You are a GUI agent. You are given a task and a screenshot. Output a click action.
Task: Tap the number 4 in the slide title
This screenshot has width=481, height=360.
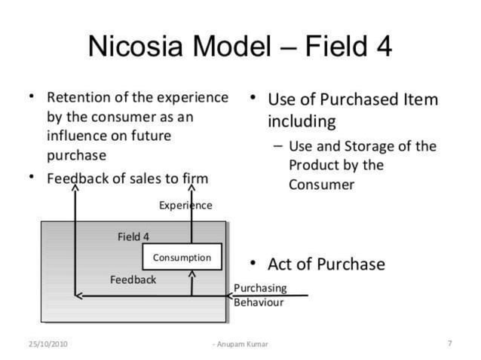pyautogui.click(x=382, y=47)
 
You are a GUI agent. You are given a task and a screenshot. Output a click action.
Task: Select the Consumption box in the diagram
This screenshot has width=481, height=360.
pyautogui.click(x=182, y=257)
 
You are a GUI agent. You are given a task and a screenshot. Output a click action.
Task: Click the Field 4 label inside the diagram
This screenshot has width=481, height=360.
pyautogui.click(x=133, y=236)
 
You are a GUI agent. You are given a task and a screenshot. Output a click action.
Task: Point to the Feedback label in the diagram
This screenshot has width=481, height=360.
pyautogui.click(x=133, y=279)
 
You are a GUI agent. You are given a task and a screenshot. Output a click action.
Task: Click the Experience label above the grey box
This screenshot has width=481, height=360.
pyautogui.click(x=185, y=205)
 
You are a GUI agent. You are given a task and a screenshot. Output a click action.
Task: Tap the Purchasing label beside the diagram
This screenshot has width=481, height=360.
pyautogui.click(x=260, y=288)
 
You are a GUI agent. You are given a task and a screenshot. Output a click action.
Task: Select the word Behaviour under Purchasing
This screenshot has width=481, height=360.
pyautogui.click(x=259, y=302)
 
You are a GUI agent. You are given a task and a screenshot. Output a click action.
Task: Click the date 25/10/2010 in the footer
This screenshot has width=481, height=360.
pyautogui.click(x=48, y=344)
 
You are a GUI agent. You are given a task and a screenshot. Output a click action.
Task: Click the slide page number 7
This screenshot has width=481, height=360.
pyautogui.click(x=449, y=343)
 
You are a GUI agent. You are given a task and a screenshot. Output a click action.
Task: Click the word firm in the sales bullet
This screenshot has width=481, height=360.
pyautogui.click(x=195, y=178)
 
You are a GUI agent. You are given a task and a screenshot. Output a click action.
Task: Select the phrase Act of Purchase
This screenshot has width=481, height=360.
pyautogui.click(x=326, y=264)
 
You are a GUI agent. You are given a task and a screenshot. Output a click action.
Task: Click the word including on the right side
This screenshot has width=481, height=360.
pyautogui.click(x=302, y=121)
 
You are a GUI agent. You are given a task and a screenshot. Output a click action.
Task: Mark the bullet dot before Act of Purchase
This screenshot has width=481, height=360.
pyautogui.click(x=254, y=262)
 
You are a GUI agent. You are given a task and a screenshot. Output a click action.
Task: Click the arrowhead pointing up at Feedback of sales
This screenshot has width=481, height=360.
pyautogui.click(x=75, y=188)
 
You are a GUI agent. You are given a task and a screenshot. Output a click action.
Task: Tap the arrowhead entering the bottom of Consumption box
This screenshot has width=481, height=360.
pyautogui.click(x=192, y=274)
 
